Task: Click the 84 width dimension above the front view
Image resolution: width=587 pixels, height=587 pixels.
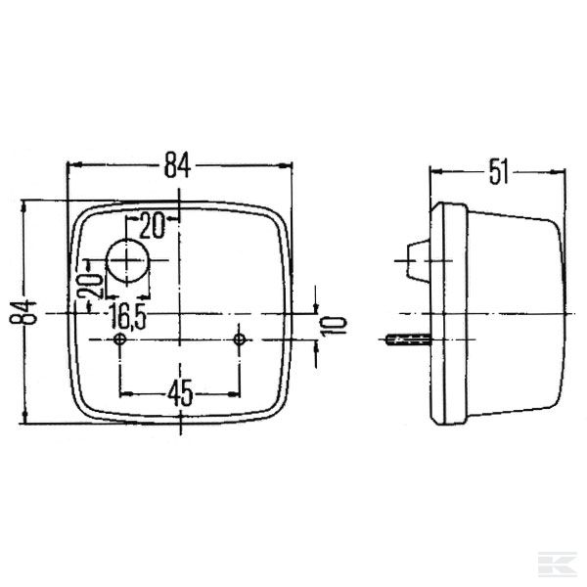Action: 177,165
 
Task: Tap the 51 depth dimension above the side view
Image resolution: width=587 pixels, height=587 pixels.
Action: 499,173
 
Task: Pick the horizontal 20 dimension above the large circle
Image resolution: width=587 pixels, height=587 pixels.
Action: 151,225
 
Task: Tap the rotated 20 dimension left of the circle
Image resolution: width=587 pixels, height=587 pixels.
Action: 89,288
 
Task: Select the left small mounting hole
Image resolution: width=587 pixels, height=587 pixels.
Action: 119,339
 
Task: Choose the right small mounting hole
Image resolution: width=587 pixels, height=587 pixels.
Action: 240,339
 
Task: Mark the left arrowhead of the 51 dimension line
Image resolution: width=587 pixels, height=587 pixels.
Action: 436,173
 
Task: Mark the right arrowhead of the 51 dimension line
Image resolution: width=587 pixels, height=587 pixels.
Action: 561,173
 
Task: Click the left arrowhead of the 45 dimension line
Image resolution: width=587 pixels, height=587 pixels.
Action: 124,394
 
